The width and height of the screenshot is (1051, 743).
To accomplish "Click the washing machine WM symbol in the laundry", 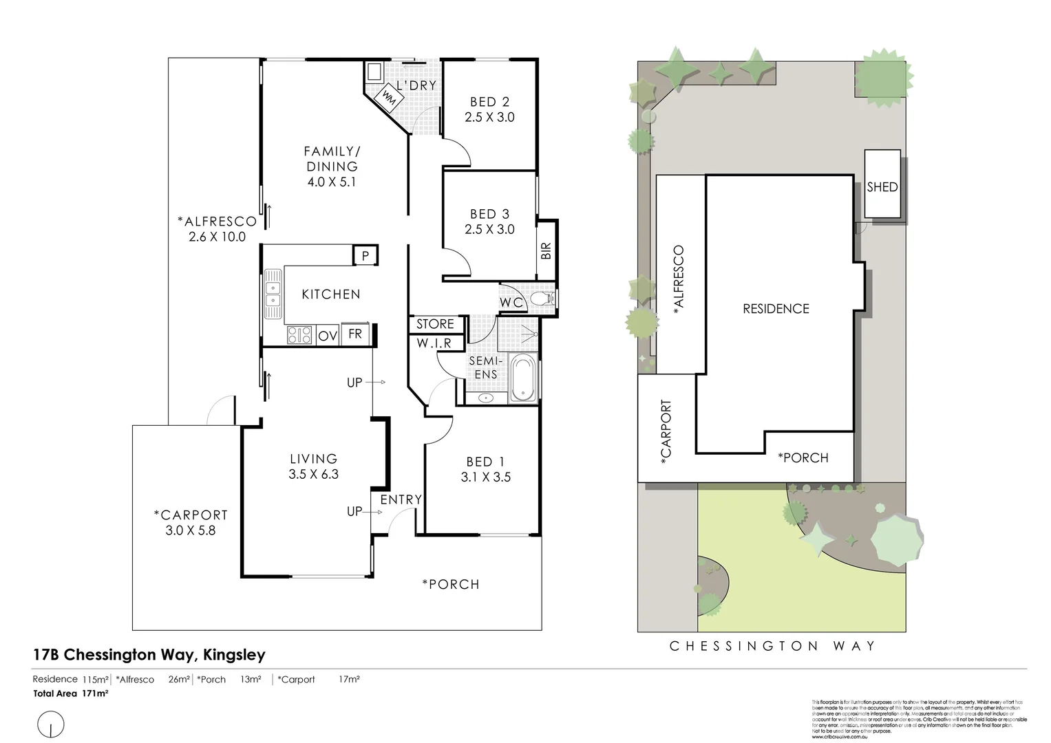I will tap(388, 98).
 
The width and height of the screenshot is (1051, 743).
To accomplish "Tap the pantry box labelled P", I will tap(365, 255).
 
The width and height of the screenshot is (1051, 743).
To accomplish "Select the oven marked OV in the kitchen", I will tap(327, 336).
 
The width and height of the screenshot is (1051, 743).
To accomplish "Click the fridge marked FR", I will tap(355, 334).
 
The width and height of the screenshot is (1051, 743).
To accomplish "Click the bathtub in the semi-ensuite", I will tap(523, 378).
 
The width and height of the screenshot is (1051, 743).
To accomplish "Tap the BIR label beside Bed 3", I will tap(546, 250).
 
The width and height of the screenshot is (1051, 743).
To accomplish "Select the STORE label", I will tap(435, 324).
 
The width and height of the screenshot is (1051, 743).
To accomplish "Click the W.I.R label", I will tap(434, 343).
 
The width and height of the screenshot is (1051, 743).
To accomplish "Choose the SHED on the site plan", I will tap(882, 186).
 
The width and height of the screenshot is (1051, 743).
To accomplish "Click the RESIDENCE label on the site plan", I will tap(776, 309).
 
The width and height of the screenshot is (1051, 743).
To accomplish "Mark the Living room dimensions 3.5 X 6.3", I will tap(314, 474).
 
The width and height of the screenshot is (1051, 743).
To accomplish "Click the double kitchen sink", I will tap(274, 294).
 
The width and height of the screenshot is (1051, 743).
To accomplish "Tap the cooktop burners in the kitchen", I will tap(299, 335).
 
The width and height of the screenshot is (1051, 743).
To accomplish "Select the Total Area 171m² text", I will tap(71, 693).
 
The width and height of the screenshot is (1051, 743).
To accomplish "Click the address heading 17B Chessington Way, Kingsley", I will tap(149, 655).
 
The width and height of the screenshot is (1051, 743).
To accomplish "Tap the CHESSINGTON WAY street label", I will tap(772, 646).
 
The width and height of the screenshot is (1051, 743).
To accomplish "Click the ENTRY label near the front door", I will tap(401, 500).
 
